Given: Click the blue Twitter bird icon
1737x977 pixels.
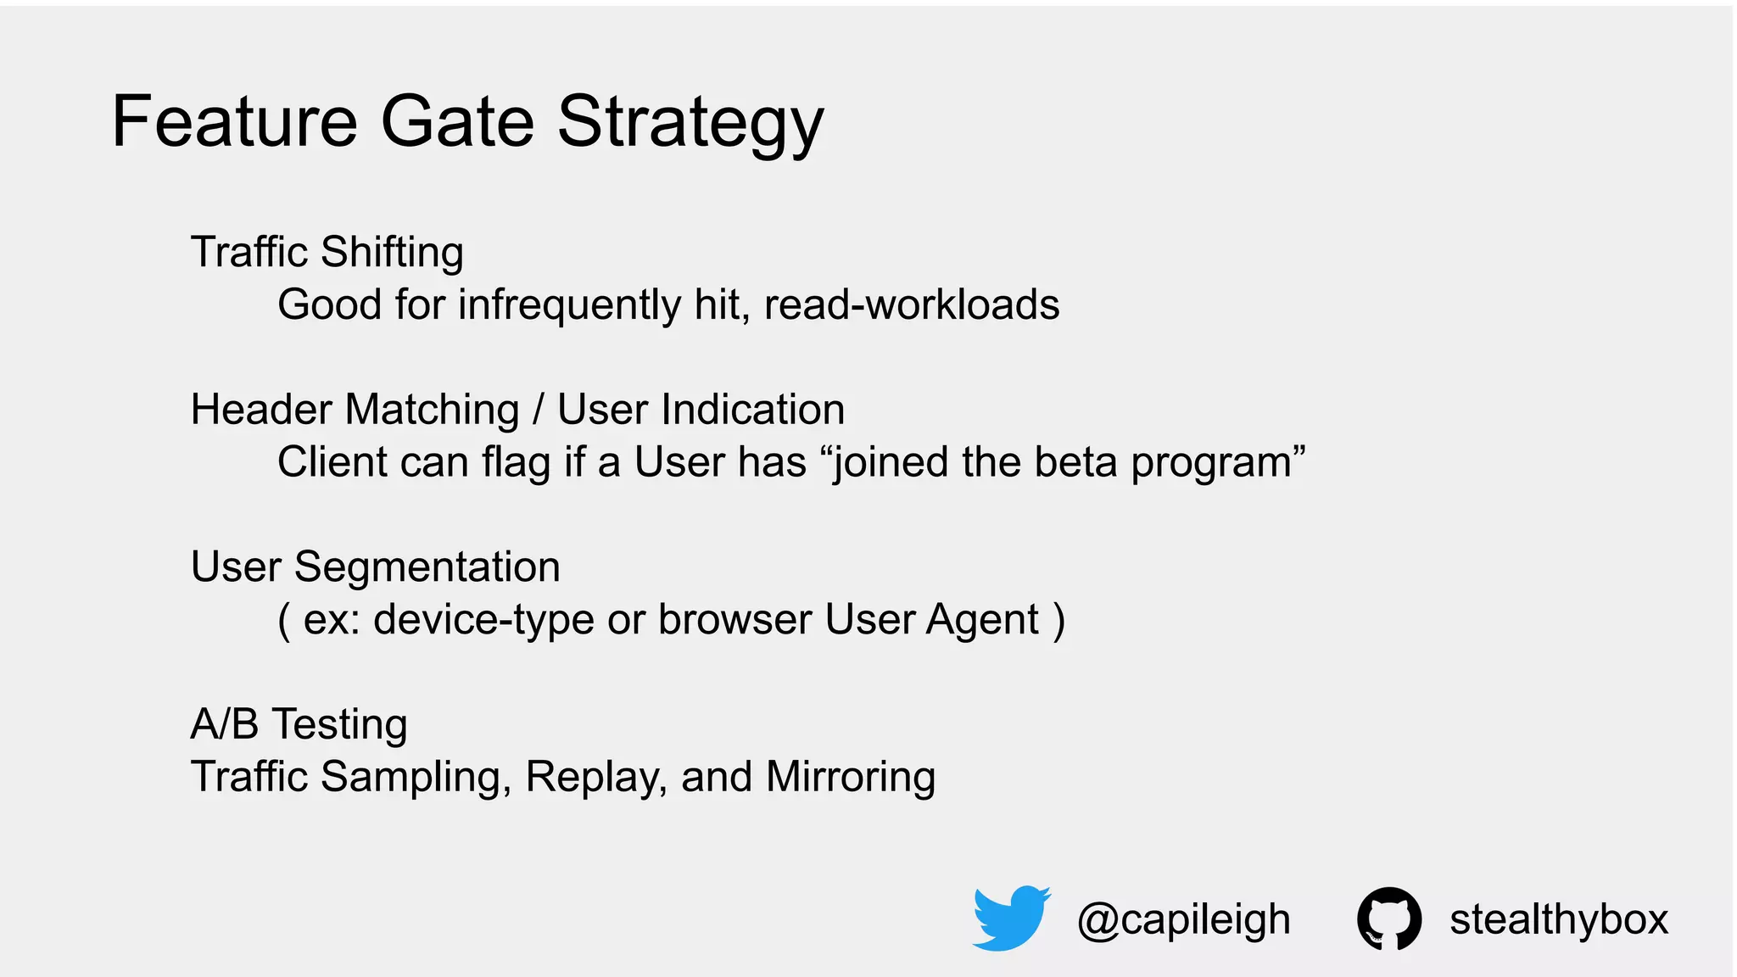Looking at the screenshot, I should point(1011,918).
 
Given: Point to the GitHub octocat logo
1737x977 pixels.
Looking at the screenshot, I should point(1389,918).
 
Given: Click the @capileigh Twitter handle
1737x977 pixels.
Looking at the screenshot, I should point(1183,919).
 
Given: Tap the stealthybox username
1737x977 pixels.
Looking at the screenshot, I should point(1558,919).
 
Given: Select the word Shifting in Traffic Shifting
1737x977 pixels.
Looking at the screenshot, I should point(392,252).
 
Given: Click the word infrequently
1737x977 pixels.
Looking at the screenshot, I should point(569,304).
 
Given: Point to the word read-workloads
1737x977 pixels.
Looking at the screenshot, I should point(912,304).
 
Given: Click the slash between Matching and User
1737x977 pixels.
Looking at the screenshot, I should point(538,410).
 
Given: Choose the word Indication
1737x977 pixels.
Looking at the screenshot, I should point(752,410).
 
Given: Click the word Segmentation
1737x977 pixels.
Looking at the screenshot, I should point(427,567).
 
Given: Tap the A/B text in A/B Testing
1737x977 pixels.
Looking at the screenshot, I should point(225,724).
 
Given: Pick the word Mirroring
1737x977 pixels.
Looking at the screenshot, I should point(850,777).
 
